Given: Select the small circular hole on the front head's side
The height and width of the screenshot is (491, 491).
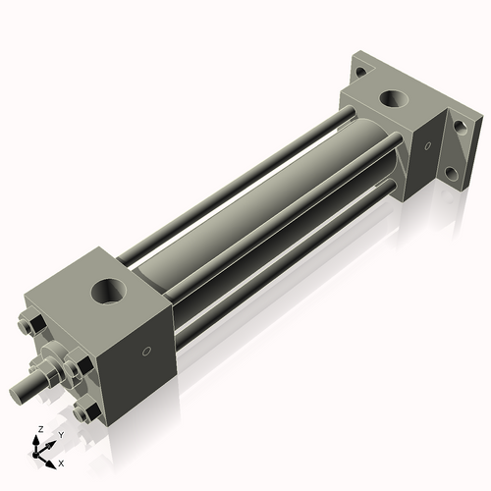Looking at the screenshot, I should pos(146,351).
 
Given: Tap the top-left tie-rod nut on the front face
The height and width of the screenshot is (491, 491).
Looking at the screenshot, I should pos(27,324).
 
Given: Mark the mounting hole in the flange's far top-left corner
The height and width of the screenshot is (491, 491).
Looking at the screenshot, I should pos(361,71).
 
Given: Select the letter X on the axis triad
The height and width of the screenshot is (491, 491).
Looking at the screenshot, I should pos(61,462).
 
